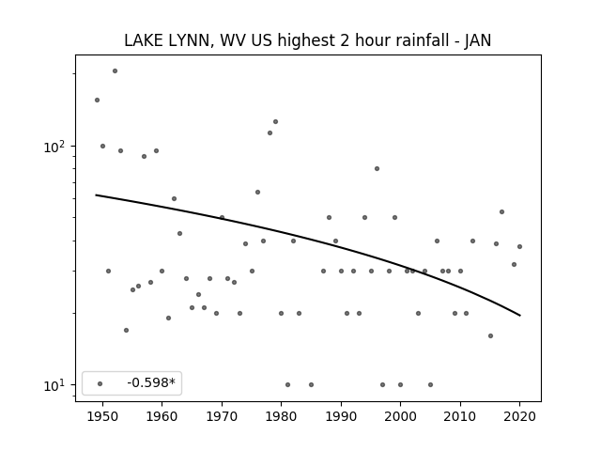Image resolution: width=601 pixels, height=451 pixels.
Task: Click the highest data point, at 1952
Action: click(115, 71)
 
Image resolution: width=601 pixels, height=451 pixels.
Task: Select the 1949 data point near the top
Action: click(98, 101)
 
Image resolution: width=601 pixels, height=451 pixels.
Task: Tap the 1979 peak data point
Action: click(275, 121)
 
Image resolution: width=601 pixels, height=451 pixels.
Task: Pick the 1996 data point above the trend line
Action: click(378, 169)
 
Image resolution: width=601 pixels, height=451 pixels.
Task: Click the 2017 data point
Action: click(502, 211)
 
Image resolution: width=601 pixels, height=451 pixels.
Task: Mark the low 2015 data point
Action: click(490, 336)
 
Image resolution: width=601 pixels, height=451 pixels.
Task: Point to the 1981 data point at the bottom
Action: click(288, 384)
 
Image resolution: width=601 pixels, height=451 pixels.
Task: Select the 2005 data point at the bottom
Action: click(431, 384)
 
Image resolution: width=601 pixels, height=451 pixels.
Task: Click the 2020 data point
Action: click(519, 246)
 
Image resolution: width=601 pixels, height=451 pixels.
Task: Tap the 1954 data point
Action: click(127, 330)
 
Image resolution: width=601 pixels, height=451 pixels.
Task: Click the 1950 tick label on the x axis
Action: click(102, 416)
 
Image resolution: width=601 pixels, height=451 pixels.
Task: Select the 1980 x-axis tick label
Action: click(281, 416)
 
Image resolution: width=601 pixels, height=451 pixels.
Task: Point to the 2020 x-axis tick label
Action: click(519, 416)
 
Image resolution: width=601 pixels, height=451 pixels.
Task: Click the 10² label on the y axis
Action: click(57, 147)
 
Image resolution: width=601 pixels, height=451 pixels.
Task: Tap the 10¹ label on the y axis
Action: click(57, 385)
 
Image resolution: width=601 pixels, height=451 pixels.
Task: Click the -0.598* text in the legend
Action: click(151, 382)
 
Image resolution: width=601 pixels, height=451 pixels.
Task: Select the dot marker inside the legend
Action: click(100, 383)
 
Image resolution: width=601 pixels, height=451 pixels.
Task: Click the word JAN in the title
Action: click(478, 40)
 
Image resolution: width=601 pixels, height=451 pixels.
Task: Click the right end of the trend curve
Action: click(520, 316)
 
